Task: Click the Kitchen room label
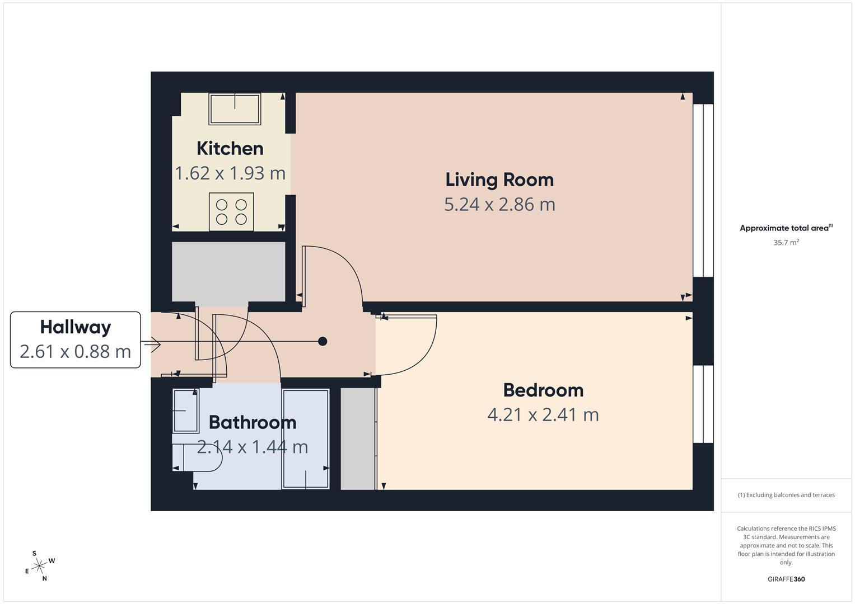pyautogui.click(x=230, y=149)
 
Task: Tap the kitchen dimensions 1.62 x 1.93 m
pyautogui.click(x=230, y=173)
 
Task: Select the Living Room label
pyautogui.click(x=499, y=180)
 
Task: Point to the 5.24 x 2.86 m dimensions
pyautogui.click(x=499, y=205)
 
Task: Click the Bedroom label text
pyautogui.click(x=543, y=390)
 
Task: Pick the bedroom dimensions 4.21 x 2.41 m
pyautogui.click(x=543, y=415)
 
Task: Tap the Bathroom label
pyautogui.click(x=252, y=422)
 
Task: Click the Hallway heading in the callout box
pyautogui.click(x=75, y=327)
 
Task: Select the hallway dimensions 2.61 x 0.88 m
pyautogui.click(x=75, y=352)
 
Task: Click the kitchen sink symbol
pyautogui.click(x=235, y=108)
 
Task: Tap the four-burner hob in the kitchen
pyautogui.click(x=231, y=212)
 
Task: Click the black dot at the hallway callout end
pyautogui.click(x=323, y=341)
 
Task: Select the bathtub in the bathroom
pyautogui.click(x=305, y=439)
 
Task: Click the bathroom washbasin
pyautogui.click(x=185, y=411)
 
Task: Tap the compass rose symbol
pyautogui.click(x=39, y=567)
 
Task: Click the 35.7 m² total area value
pyautogui.click(x=786, y=243)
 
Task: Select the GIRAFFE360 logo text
pyautogui.click(x=786, y=579)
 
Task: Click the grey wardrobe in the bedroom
pyautogui.click(x=358, y=439)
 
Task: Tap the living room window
pyautogui.click(x=703, y=190)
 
